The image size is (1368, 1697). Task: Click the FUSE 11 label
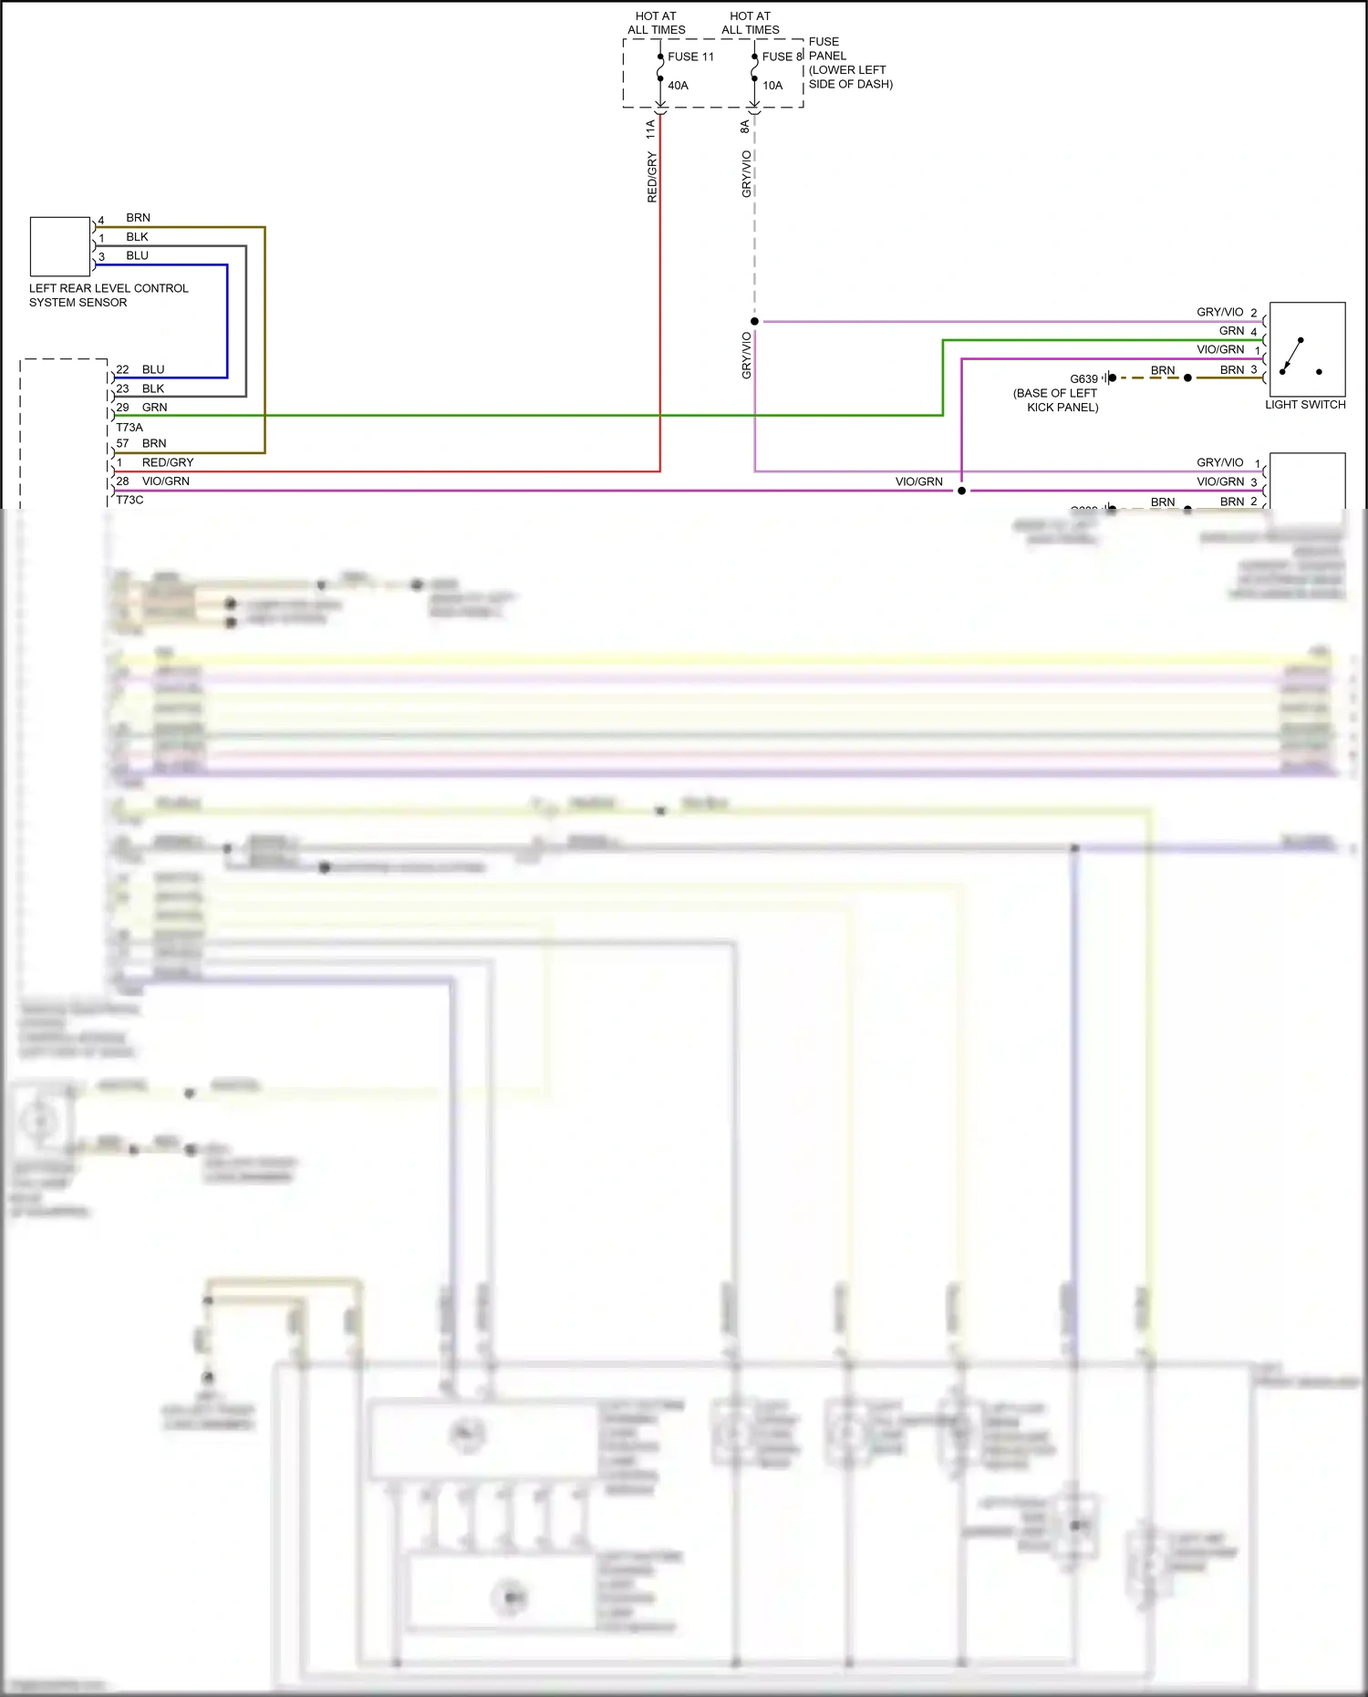[x=690, y=57]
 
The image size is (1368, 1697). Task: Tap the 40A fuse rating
[x=678, y=86]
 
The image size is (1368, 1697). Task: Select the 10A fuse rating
[x=772, y=86]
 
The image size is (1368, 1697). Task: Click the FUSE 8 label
[x=782, y=57]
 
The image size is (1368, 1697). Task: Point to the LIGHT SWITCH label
[x=1305, y=405]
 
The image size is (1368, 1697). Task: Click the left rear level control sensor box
[x=60, y=246]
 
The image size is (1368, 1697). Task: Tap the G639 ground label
[x=1083, y=379]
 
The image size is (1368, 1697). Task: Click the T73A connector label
[x=130, y=428]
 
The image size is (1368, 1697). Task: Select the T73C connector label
[x=130, y=501]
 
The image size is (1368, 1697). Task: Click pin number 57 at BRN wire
[x=122, y=444]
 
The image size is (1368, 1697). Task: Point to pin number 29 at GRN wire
[x=122, y=408]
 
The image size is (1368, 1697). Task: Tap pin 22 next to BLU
[x=122, y=370]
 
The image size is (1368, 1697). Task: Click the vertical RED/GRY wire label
[x=652, y=178]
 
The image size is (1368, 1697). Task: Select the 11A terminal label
[x=650, y=129]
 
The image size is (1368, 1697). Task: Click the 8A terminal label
[x=745, y=127]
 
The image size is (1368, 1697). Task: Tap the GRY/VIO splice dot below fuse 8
[x=754, y=322]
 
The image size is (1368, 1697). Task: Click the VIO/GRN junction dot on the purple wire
[x=961, y=491]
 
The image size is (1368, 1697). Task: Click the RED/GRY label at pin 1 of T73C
[x=168, y=463]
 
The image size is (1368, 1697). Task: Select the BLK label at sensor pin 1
[x=137, y=237]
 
